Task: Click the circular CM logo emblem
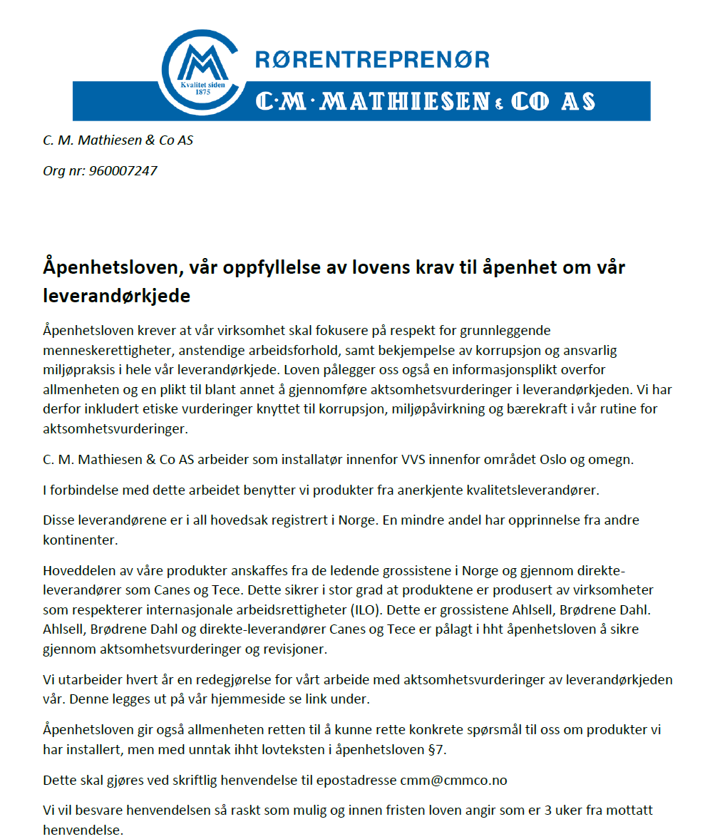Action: (204, 68)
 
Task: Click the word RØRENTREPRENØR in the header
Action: (372, 59)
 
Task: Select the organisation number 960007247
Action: (123, 171)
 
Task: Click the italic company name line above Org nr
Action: (118, 140)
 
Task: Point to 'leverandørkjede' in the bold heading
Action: (116, 296)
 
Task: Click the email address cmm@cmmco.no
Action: (453, 780)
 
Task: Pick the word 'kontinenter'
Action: (80, 540)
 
